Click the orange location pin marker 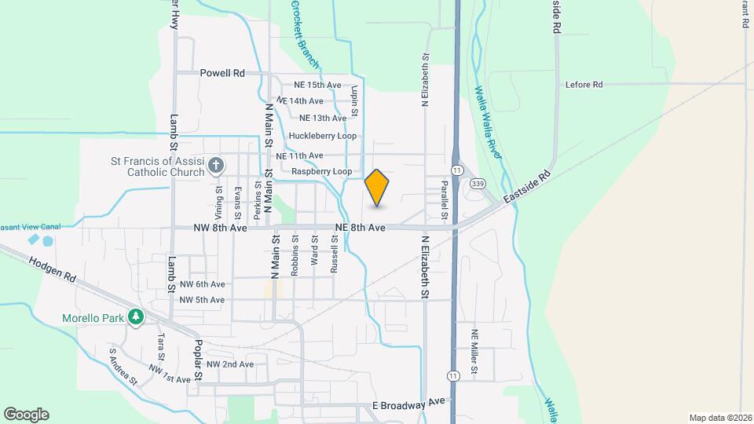pos(377,188)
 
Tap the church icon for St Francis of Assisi pos(218,166)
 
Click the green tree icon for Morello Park pos(137,317)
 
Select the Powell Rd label pos(222,73)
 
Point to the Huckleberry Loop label pos(322,136)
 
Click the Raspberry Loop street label pos(321,171)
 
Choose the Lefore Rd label pos(584,84)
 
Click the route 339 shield pos(478,184)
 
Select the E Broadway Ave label pos(408,404)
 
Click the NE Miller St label pos(474,351)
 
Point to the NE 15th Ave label pos(317,85)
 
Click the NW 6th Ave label pos(202,284)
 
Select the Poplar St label pos(199,360)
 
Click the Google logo pos(26,415)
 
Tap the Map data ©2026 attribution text pos(719,418)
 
